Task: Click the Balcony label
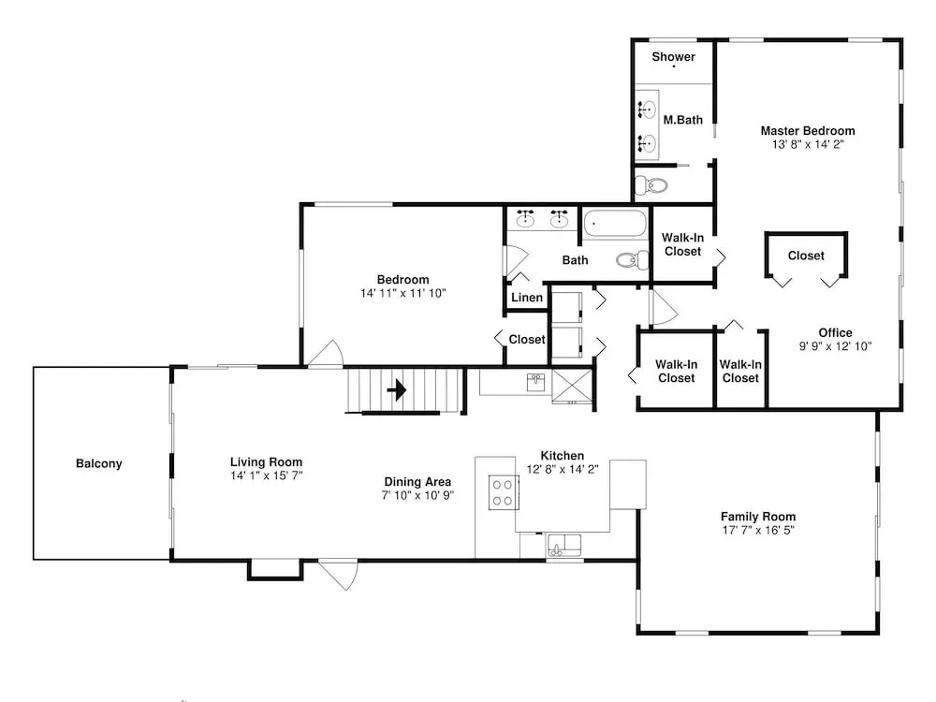[x=99, y=464]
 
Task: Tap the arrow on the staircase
[x=397, y=390]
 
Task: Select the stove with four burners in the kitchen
[x=504, y=492]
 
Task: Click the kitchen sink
[x=563, y=546]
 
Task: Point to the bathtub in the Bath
[x=615, y=224]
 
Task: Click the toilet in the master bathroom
[x=650, y=185]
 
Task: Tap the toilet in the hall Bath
[x=632, y=259]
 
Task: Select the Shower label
[x=673, y=57]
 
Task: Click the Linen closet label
[x=527, y=298]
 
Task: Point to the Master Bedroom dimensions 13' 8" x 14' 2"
[x=808, y=144]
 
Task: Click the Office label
[x=835, y=333]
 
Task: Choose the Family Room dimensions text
[x=758, y=530]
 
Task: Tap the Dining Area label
[x=417, y=482]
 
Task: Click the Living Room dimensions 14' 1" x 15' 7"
[x=266, y=475]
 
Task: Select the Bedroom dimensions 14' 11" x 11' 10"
[x=402, y=293]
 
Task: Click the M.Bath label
[x=683, y=120]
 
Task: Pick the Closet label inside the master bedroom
[x=806, y=256]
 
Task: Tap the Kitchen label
[x=563, y=456]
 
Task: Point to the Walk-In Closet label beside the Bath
[x=683, y=244]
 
